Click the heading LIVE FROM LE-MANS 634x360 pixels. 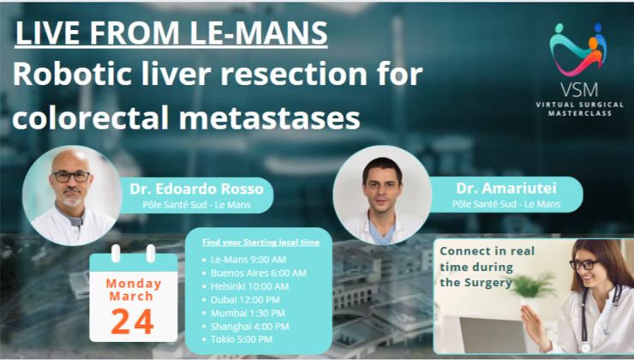(x=171, y=34)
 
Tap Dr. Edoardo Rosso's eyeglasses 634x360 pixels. (x=70, y=176)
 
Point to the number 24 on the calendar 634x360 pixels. (x=133, y=319)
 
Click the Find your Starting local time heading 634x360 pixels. (x=260, y=242)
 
